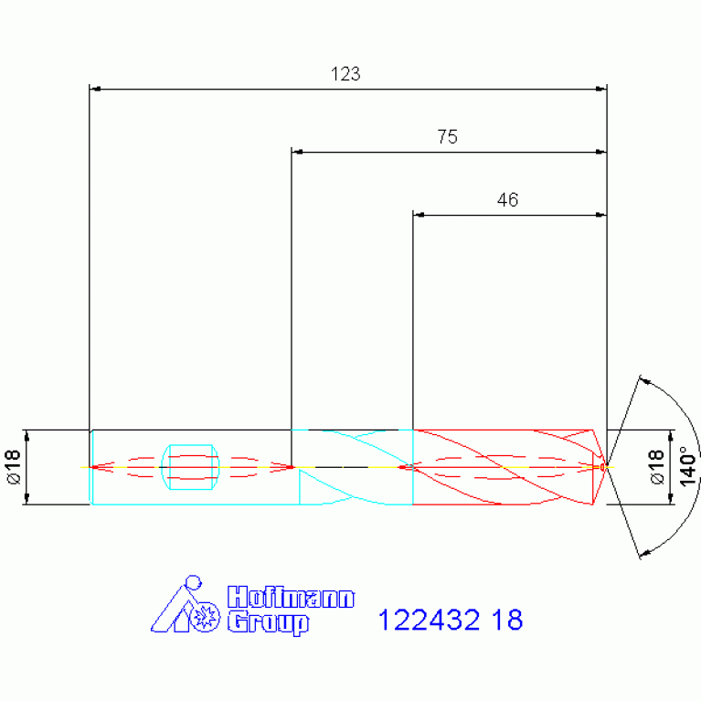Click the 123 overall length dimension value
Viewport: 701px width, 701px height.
(x=345, y=74)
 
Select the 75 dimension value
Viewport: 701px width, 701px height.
(x=448, y=137)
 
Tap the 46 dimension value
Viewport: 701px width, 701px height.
(x=507, y=200)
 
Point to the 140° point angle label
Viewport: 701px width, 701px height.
(x=687, y=465)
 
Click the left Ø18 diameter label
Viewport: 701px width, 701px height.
(x=14, y=467)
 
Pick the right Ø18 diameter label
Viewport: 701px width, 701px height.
(x=656, y=467)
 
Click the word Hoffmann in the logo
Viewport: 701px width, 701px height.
(x=291, y=597)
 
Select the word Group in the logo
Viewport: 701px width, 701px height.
(x=268, y=623)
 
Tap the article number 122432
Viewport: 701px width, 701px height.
(x=429, y=620)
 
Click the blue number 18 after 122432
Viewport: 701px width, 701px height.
(x=507, y=620)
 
